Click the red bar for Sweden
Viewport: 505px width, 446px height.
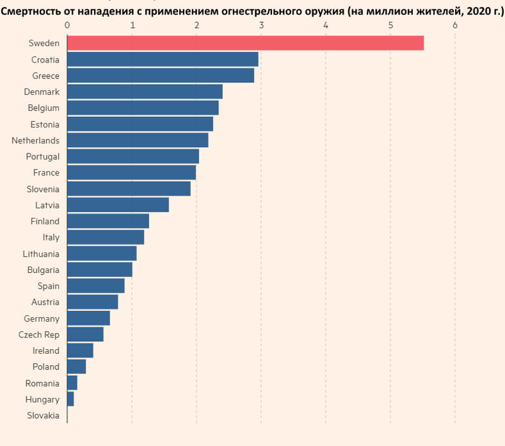(x=245, y=43)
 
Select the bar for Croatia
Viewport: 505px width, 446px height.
(x=162, y=59)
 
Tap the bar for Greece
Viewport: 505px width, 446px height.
(x=160, y=75)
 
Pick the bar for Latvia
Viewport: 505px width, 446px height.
(x=117, y=205)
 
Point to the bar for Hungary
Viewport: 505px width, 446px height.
(x=70, y=399)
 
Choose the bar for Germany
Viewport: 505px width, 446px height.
(x=88, y=318)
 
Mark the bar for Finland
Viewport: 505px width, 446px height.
(x=108, y=221)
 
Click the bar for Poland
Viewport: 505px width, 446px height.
(x=76, y=366)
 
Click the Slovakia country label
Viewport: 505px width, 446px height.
(x=43, y=416)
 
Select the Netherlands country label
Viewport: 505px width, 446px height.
(x=35, y=140)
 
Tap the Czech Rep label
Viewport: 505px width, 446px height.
(x=39, y=334)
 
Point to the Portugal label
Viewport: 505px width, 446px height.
(x=42, y=156)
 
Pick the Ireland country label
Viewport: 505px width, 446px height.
(x=46, y=351)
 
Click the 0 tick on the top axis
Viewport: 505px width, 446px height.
(x=67, y=25)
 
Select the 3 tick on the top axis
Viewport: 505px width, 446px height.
(x=261, y=25)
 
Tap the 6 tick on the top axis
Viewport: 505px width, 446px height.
(x=455, y=25)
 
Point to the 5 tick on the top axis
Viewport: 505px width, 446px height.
(x=390, y=25)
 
